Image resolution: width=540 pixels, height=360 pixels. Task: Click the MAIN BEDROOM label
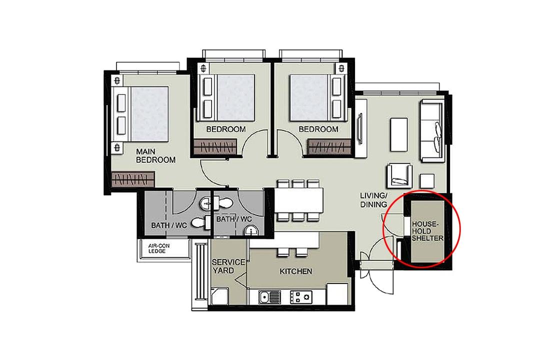(x=155, y=155)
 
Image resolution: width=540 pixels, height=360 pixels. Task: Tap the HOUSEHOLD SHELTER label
(x=427, y=231)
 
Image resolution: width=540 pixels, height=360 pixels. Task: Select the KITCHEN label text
(x=296, y=271)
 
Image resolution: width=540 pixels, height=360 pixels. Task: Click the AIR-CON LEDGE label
(x=159, y=248)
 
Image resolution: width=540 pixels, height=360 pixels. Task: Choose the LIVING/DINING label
(x=373, y=200)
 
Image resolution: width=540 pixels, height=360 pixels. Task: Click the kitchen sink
(x=269, y=297)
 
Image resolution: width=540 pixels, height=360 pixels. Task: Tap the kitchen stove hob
(x=301, y=297)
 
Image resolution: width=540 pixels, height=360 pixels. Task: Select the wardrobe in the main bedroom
(x=133, y=179)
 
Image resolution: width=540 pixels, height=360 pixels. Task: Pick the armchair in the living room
(x=399, y=175)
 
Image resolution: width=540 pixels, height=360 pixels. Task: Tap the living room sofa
(x=432, y=130)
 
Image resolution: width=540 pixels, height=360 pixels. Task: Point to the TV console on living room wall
(x=360, y=128)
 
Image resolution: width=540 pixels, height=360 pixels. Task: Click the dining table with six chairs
(x=298, y=200)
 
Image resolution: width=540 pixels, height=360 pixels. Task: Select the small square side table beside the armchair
(x=427, y=181)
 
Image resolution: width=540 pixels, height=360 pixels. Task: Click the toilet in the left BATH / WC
(x=201, y=222)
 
